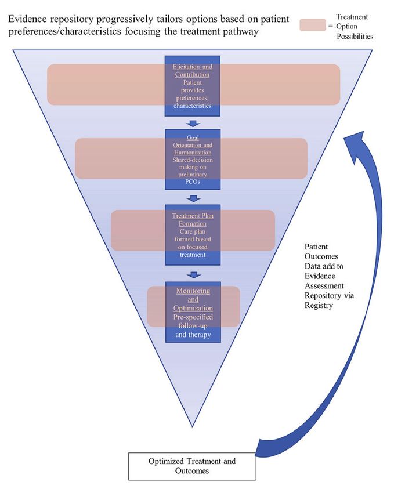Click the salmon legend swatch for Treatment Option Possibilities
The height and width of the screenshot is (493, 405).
pyautogui.click(x=313, y=25)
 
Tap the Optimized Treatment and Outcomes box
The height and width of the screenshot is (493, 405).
pyautogui.click(x=192, y=466)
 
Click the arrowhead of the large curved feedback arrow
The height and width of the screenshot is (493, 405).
pyautogui.click(x=355, y=142)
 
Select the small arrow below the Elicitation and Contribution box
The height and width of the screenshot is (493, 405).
pyautogui.click(x=193, y=123)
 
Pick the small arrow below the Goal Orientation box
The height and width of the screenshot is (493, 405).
pyautogui.click(x=193, y=198)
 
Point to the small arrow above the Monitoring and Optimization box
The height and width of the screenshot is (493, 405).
pyautogui.click(x=193, y=275)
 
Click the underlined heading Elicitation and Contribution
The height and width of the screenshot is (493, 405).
pyautogui.click(x=193, y=71)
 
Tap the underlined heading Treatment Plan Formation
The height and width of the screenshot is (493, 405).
pyautogui.click(x=193, y=219)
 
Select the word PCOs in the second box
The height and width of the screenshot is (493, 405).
pyautogui.click(x=193, y=182)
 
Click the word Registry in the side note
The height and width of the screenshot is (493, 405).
pyautogui.click(x=319, y=305)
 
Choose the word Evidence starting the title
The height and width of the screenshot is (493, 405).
pyautogui.click(x=28, y=19)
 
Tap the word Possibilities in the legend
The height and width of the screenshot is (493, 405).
pyautogui.click(x=355, y=37)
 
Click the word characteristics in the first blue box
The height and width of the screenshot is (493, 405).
pyautogui.click(x=193, y=106)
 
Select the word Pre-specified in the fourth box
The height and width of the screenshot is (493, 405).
pyautogui.click(x=193, y=317)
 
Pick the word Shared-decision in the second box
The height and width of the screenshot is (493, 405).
pyautogui.click(x=193, y=159)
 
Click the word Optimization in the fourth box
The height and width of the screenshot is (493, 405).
pyautogui.click(x=193, y=308)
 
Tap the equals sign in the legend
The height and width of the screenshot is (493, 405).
pyautogui.click(x=331, y=26)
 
